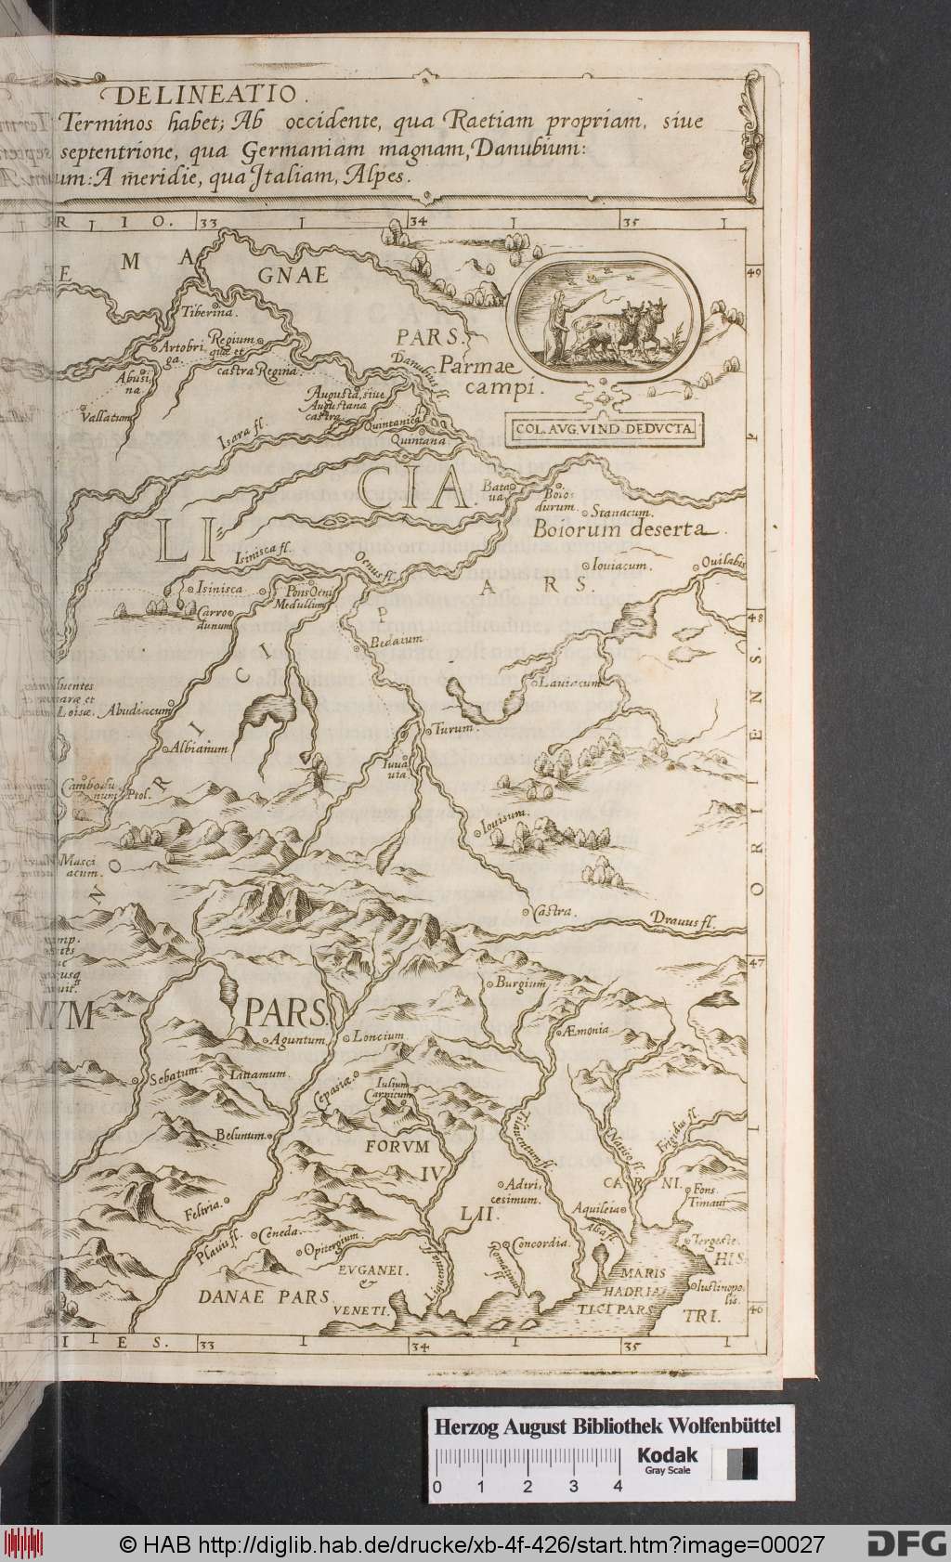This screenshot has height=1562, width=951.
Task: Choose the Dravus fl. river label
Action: (x=688, y=921)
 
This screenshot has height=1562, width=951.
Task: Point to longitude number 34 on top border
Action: (x=418, y=223)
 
